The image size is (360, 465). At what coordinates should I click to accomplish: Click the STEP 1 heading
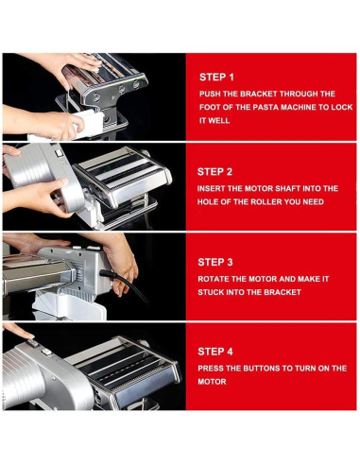(x=216, y=77)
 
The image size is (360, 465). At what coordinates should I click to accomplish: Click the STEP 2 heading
(x=214, y=172)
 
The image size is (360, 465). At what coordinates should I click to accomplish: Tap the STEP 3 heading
(x=215, y=262)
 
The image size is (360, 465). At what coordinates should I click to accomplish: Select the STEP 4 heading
(x=215, y=352)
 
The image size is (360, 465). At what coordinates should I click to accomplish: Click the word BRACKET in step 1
(x=259, y=94)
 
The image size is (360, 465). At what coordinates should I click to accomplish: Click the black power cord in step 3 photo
(x=126, y=283)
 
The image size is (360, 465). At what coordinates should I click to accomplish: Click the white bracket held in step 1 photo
(x=88, y=124)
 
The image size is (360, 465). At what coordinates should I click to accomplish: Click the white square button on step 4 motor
(x=47, y=352)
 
